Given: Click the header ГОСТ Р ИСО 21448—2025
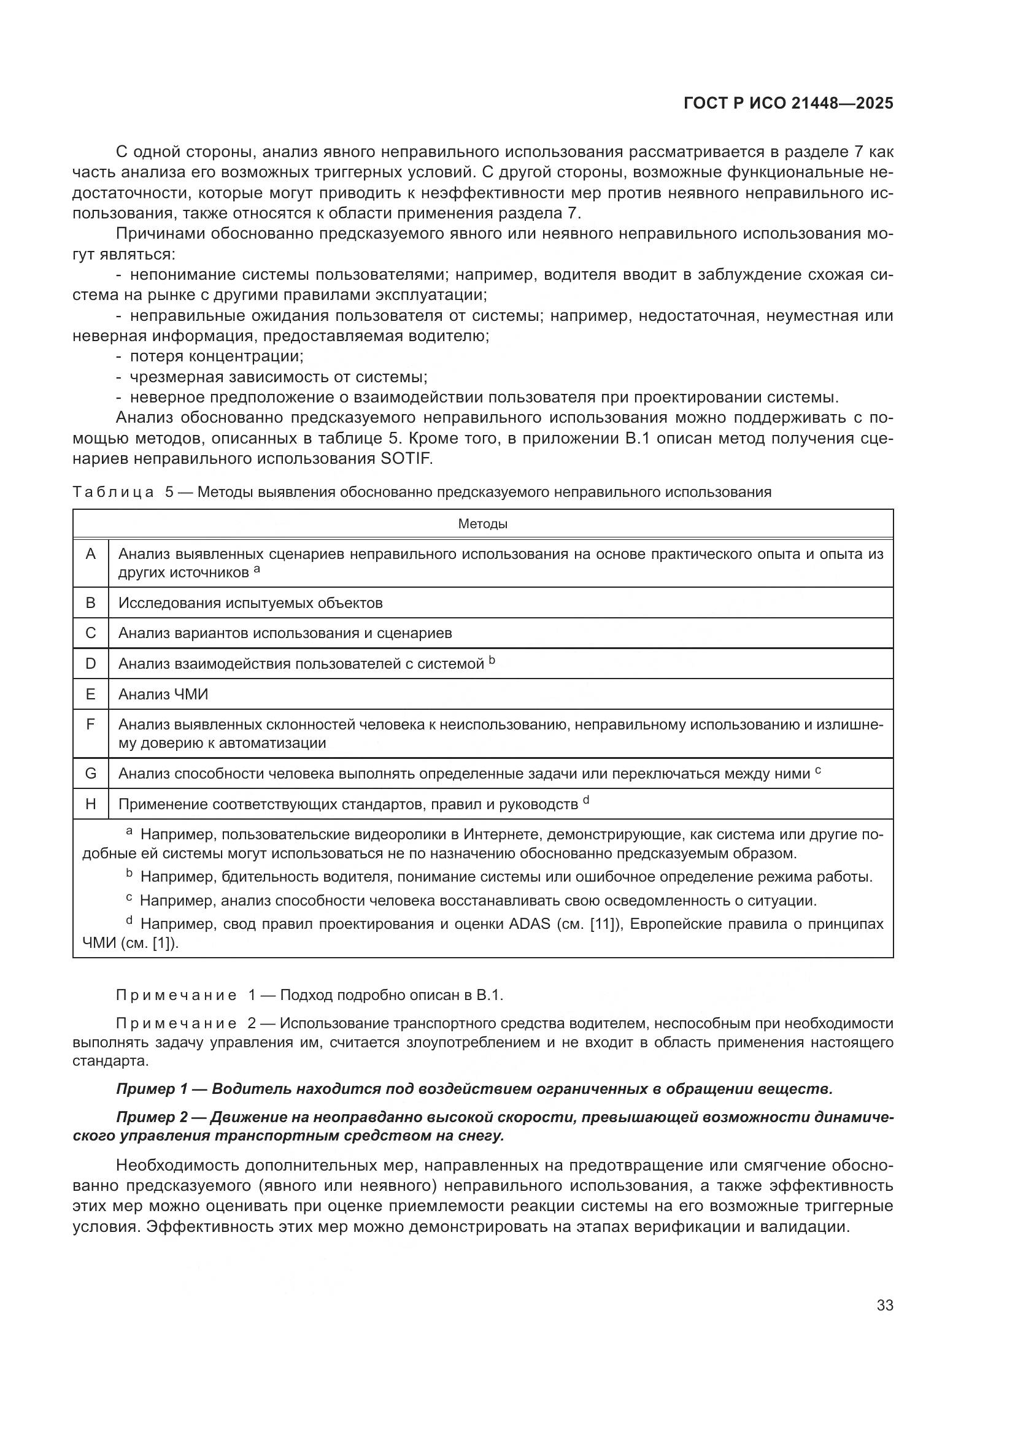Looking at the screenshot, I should coord(788,104).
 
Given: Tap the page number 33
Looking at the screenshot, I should coord(885,1306).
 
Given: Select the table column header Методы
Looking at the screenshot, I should coord(482,524).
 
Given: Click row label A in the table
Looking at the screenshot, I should coord(91,555).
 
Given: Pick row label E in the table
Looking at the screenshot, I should coord(91,694).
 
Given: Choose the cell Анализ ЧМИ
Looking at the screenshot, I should coord(163,694).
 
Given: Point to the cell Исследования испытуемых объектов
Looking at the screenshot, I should coord(250,602).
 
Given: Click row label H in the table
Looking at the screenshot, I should coord(91,804).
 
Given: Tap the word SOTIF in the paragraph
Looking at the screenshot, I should coord(406,459).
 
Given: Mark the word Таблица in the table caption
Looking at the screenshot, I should coord(113,492).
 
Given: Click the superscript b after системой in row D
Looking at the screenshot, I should coord(492,660).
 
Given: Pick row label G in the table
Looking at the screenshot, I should coord(91,774).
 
